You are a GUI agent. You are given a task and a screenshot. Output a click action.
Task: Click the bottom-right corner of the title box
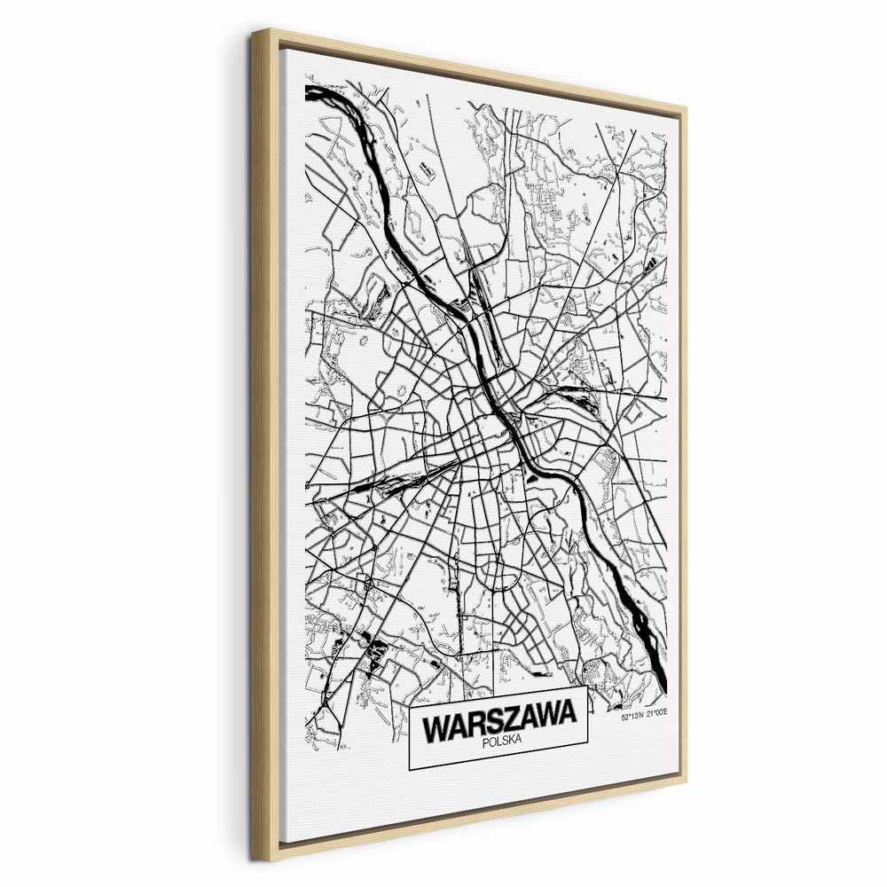click(589, 764)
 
